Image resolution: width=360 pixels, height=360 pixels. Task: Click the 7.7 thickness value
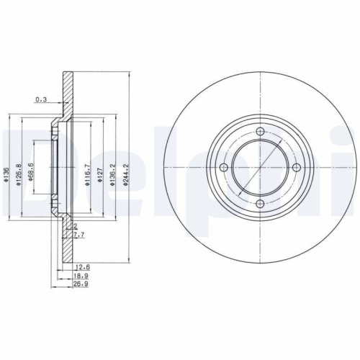[79, 235]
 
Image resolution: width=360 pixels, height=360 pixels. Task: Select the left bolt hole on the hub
[223, 168]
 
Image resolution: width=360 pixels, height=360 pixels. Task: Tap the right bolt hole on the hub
[297, 168]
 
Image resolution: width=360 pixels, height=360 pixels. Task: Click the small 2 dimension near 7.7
[74, 226]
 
